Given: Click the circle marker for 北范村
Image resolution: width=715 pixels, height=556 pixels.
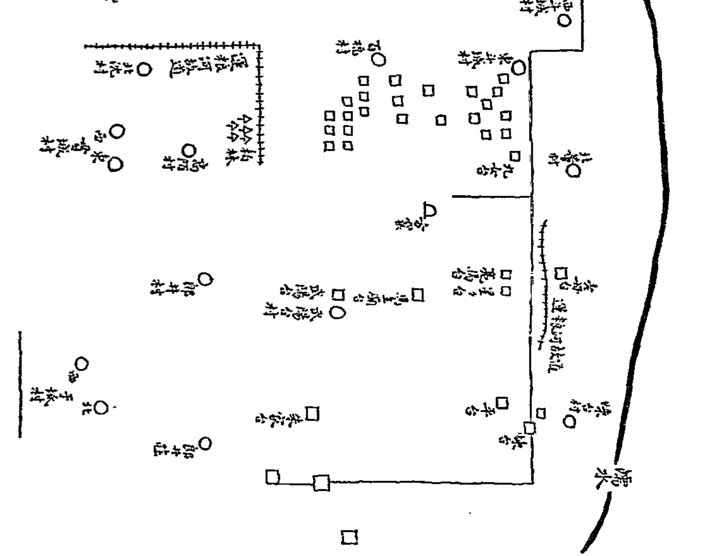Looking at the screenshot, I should click(143, 70).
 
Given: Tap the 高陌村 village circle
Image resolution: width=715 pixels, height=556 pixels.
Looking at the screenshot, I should click(189, 150).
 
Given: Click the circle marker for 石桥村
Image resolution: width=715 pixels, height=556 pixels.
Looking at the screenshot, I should click(379, 60).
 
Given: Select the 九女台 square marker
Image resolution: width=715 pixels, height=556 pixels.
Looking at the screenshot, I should click(514, 156).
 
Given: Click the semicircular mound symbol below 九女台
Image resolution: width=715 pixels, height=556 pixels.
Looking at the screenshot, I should click(429, 211).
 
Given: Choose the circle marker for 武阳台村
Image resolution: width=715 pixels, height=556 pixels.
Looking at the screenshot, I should click(338, 312).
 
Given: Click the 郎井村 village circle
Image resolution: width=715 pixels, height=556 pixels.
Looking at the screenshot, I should click(205, 280).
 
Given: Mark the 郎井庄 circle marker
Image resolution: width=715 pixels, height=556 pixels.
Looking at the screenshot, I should click(205, 444).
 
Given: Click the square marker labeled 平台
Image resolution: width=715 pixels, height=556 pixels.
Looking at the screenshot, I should click(501, 403).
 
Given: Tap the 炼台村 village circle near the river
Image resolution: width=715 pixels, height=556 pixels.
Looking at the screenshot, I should click(570, 422).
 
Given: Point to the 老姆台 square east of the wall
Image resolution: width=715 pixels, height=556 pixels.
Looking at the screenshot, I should click(561, 273).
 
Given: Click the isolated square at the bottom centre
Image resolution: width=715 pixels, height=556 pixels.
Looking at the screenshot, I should click(349, 536).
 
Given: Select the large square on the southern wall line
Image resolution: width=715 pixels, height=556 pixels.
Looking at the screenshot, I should click(321, 483).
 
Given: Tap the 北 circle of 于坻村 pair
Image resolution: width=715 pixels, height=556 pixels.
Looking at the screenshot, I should click(101, 408).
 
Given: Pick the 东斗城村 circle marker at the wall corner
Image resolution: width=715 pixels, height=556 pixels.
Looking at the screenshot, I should click(519, 68).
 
